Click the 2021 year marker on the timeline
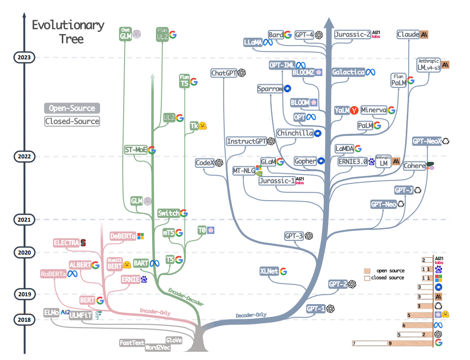24,220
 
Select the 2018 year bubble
24,319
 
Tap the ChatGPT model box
224,73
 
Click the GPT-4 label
304,35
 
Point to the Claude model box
408,34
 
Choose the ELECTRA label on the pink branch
66,242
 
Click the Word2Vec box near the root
157,347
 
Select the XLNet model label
269,271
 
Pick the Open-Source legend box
72,108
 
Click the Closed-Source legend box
72,121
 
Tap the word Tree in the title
71,39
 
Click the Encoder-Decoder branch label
186,297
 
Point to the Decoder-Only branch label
251,315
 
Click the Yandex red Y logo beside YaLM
354,110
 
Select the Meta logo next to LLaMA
268,43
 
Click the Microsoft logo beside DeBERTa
140,236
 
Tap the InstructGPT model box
246,141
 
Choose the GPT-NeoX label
427,141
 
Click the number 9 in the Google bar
390,343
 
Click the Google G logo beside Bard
288,35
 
